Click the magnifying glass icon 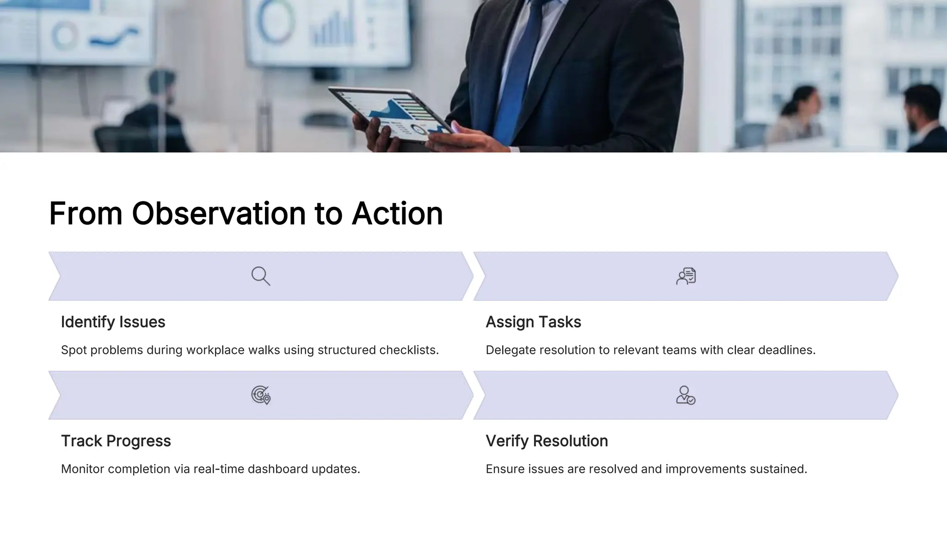pos(261,276)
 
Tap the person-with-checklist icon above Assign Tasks pos(686,276)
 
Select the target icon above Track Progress pos(261,395)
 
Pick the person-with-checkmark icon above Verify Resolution pos(685,395)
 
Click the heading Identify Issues pos(113,322)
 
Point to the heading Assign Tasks pos(533,322)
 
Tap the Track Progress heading pos(116,441)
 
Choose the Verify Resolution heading pos(547,441)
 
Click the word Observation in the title pos(219,214)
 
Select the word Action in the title pos(397,214)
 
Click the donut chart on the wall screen pos(276,21)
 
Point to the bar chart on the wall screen pos(332,30)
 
